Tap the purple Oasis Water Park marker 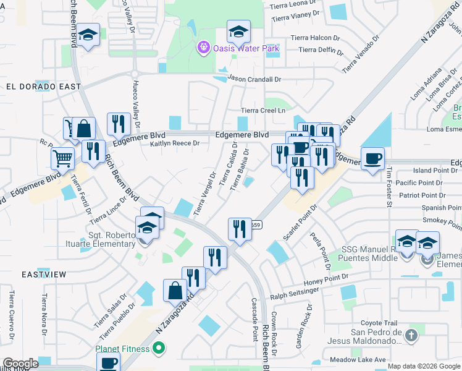click(x=203, y=47)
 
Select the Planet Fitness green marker click(x=158, y=349)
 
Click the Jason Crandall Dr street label click(x=254, y=79)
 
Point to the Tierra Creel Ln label click(x=263, y=110)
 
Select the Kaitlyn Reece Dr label click(x=175, y=143)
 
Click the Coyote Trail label click(x=379, y=323)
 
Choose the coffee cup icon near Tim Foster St click(x=372, y=159)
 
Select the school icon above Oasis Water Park click(x=238, y=30)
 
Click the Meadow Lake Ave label click(x=358, y=359)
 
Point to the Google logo click(x=20, y=364)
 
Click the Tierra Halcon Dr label click(x=319, y=38)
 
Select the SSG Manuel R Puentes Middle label click(x=367, y=255)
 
